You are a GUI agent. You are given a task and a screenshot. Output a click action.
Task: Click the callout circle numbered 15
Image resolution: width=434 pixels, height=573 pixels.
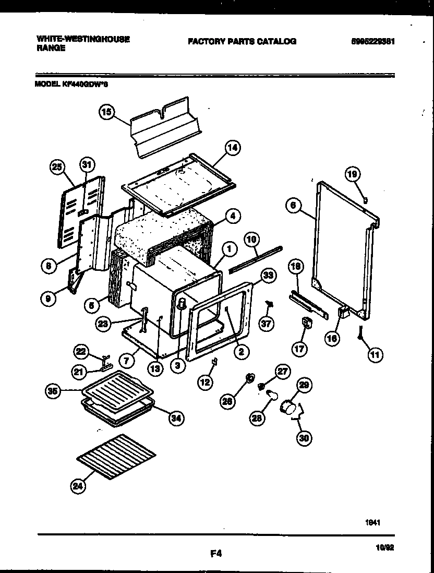tap(106, 112)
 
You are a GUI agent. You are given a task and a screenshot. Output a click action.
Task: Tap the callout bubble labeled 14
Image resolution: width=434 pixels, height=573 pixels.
tap(232, 148)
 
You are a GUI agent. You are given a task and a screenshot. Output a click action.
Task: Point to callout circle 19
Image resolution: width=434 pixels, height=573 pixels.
tap(353, 174)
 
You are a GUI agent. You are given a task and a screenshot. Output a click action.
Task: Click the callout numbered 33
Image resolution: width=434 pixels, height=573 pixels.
tap(268, 276)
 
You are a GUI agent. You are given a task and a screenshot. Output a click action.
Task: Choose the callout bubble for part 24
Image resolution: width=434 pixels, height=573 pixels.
tap(78, 487)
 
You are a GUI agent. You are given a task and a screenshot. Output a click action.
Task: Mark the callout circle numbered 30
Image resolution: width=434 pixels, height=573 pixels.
tap(304, 438)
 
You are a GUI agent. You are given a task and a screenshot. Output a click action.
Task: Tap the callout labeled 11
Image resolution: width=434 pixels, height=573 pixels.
tap(375, 355)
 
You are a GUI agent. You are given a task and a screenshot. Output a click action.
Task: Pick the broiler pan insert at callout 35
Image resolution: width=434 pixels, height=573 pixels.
tap(116, 388)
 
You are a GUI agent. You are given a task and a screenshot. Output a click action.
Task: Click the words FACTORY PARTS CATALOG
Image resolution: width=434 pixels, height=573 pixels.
tap(242, 41)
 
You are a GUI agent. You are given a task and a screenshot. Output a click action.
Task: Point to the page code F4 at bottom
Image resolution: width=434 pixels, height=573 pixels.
tap(216, 555)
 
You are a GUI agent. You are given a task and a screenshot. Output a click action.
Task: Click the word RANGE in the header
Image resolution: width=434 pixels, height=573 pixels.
tap(51, 47)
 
